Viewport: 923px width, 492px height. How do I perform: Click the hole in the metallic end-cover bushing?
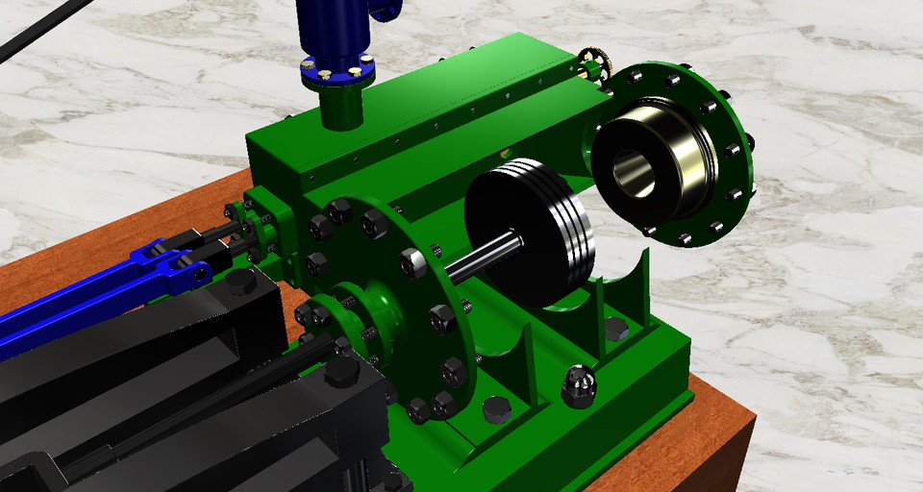634,173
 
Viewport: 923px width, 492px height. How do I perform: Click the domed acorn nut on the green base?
578,385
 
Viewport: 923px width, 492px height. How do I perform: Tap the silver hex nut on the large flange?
412,259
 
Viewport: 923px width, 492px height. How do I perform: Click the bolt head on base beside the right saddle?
616,330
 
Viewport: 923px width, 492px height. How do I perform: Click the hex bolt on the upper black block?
239,282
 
